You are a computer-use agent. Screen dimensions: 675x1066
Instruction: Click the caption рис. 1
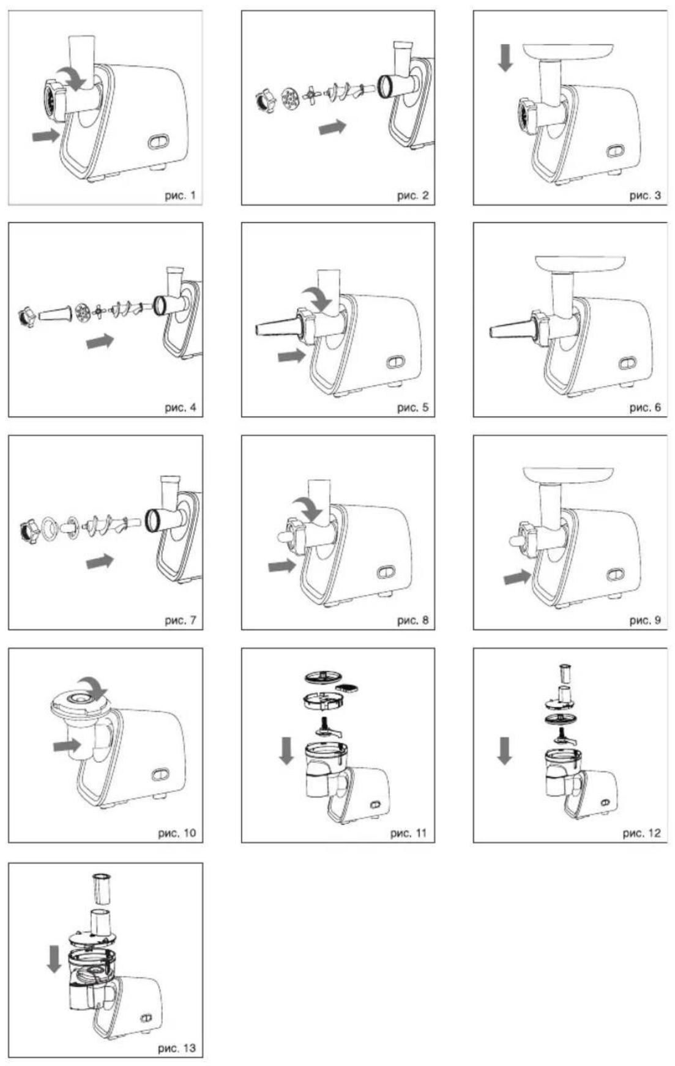point(180,196)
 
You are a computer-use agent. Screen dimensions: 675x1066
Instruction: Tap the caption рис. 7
point(180,621)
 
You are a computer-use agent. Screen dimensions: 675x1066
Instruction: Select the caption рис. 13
point(177,1048)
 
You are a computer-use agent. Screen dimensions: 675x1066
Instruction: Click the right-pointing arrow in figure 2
point(333,127)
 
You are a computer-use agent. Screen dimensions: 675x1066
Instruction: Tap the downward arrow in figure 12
point(504,751)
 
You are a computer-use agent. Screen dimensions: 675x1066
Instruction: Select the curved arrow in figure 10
point(93,688)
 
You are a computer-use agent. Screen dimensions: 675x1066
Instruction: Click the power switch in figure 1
point(158,141)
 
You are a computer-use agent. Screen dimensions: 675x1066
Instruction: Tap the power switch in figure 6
point(624,363)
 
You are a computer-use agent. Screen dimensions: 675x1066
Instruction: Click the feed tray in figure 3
point(569,50)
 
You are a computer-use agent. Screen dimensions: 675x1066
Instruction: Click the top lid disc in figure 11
point(324,677)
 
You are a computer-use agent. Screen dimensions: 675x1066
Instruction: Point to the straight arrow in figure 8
point(282,567)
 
